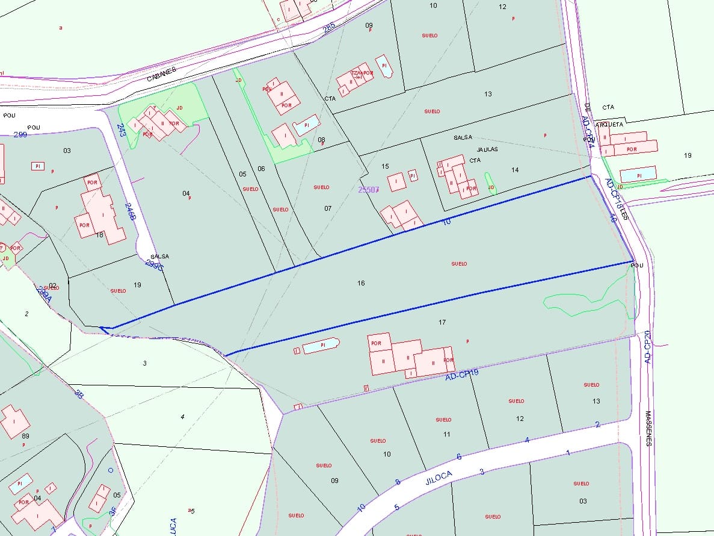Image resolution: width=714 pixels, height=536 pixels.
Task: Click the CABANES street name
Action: click(x=162, y=74)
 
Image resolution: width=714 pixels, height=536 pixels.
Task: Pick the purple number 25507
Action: click(x=368, y=189)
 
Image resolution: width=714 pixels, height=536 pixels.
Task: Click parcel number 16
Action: click(x=361, y=283)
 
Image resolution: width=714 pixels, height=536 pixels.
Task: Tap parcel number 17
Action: click(x=442, y=323)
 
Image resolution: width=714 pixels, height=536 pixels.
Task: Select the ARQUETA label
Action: click(x=608, y=125)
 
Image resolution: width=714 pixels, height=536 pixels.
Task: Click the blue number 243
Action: click(x=121, y=130)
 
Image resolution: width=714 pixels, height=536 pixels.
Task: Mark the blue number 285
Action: click(x=328, y=28)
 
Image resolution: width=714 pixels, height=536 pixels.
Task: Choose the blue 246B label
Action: click(x=130, y=211)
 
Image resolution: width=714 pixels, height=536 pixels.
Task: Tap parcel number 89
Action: click(x=25, y=435)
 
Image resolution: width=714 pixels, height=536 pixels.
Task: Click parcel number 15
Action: click(x=385, y=166)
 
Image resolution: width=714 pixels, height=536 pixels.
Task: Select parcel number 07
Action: click(x=328, y=208)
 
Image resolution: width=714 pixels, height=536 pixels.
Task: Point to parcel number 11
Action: click(x=446, y=434)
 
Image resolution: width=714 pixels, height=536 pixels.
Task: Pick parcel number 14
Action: click(x=515, y=170)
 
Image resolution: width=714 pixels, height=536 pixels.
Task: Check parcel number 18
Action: click(x=99, y=234)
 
